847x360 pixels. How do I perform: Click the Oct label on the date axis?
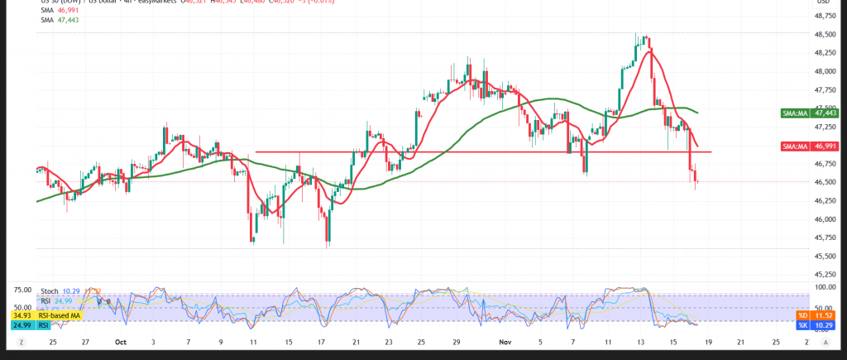[121, 341]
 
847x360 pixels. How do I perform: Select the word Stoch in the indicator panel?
[50, 291]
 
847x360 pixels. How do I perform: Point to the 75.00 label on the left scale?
[22, 290]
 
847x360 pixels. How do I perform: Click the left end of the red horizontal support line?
[256, 151]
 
